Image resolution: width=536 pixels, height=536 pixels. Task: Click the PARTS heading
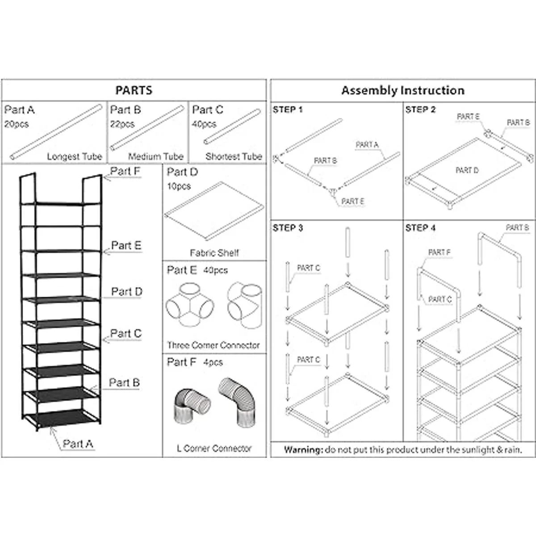[134, 90]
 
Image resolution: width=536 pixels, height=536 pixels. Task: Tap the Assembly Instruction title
[403, 91]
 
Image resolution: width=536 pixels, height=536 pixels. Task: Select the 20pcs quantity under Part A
[17, 124]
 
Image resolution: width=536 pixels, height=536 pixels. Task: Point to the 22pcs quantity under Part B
[122, 124]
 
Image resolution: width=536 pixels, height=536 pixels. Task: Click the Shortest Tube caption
[234, 157]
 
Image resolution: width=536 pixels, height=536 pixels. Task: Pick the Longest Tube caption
[75, 157]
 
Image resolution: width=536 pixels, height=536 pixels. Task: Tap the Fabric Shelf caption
[214, 253]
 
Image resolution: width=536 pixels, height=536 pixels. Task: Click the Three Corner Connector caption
[214, 345]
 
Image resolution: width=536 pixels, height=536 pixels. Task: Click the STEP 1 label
[288, 109]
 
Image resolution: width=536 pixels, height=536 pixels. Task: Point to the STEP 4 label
[420, 228]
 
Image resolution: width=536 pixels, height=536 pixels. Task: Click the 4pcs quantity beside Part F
[213, 362]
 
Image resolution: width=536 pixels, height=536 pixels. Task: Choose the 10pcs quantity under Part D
[179, 186]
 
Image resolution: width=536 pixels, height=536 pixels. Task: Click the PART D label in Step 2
[467, 170]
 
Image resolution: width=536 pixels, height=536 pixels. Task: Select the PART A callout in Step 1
[367, 145]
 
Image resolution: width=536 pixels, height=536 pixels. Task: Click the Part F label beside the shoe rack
[125, 171]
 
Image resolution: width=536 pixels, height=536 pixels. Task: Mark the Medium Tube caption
[156, 157]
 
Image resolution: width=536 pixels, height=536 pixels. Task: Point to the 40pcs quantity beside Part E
[216, 270]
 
